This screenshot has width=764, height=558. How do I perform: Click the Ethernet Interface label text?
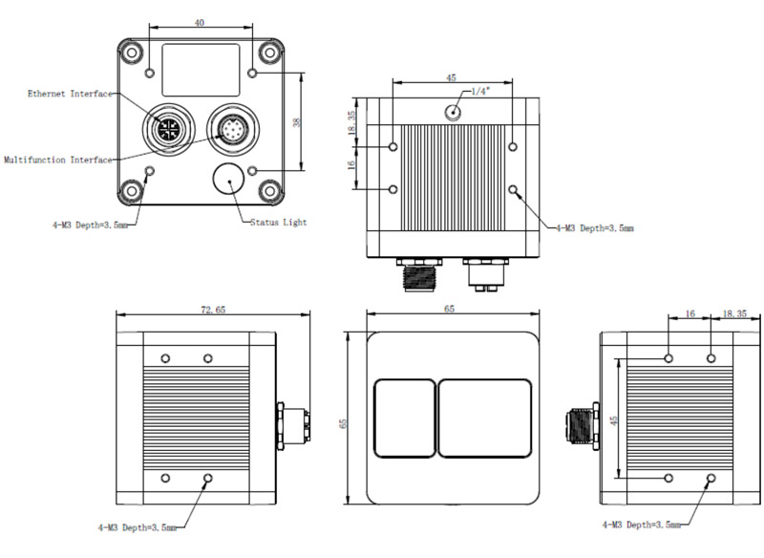[x=70, y=94]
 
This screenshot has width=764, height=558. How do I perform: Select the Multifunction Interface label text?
[x=57, y=160]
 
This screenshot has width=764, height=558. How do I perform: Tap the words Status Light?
[x=278, y=223]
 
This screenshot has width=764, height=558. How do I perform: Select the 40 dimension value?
[x=199, y=22]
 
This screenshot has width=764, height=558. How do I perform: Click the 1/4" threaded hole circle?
[x=454, y=113]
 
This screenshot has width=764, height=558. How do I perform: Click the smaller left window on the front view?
[x=403, y=418]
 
